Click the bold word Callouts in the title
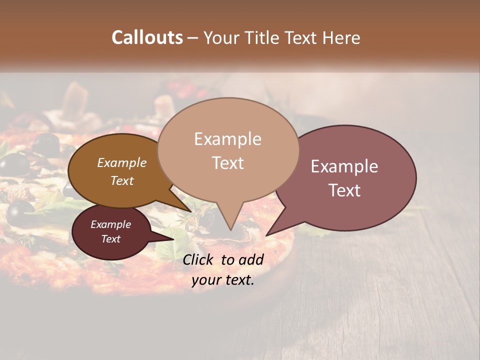point(147,37)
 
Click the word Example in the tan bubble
point(227,139)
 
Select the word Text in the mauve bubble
point(345,190)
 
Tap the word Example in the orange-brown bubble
point(122,163)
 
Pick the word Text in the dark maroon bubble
point(111,239)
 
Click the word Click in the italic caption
point(199,259)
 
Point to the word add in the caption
point(251,259)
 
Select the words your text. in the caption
point(223,280)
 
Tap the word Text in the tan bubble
point(227,163)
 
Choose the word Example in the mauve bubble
point(344,166)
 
